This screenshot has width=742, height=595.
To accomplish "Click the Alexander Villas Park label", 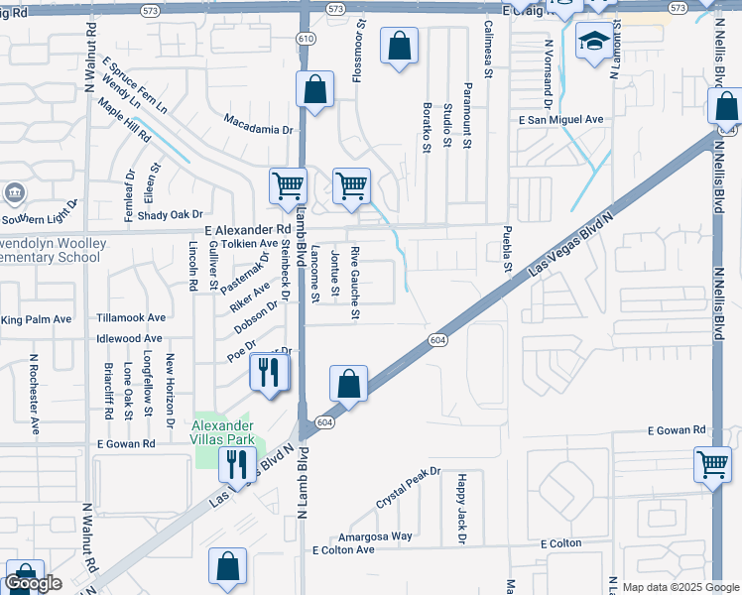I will click(x=224, y=431).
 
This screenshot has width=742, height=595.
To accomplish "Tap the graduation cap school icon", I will click(x=593, y=42).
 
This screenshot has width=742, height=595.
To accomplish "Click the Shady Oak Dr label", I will click(x=170, y=214).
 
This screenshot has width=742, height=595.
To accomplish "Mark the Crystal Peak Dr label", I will click(x=408, y=488).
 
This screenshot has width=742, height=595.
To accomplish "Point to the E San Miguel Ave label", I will click(x=561, y=119).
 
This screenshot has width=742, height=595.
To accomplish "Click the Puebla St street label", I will click(x=506, y=253).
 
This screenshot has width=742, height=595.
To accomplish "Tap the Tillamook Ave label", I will click(x=131, y=318).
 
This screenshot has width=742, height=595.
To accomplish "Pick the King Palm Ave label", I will click(x=37, y=319).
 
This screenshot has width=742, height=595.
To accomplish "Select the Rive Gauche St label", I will click(x=354, y=283).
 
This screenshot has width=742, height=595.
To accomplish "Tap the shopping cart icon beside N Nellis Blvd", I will click(x=713, y=463).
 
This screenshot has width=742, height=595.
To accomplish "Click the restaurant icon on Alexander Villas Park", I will click(x=236, y=463).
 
